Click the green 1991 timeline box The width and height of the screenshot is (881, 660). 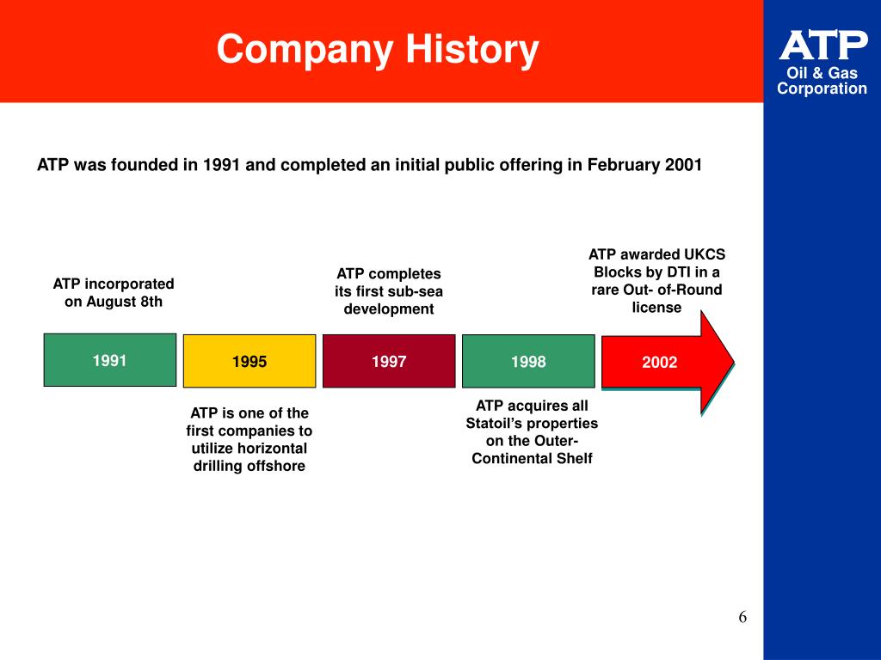click(x=110, y=359)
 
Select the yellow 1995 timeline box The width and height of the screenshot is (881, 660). click(x=250, y=361)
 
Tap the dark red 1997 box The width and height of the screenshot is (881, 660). click(x=389, y=361)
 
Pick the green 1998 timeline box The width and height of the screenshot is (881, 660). click(x=528, y=361)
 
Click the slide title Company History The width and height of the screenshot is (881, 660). click(x=378, y=49)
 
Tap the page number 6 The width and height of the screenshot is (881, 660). click(x=742, y=617)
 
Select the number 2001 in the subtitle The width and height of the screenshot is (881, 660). click(x=684, y=165)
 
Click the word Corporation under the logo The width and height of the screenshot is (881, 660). click(x=822, y=89)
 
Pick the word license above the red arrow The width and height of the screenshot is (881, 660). click(x=656, y=307)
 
